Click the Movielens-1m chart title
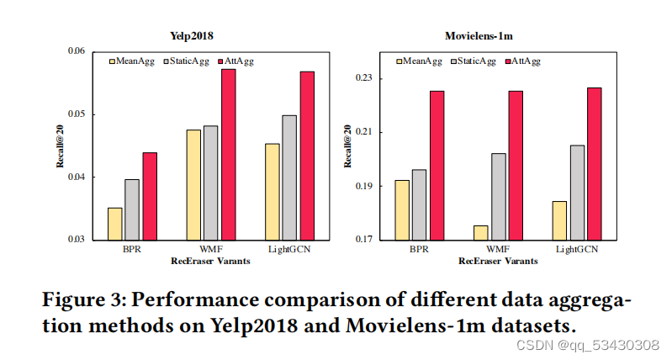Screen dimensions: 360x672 [x=479, y=35]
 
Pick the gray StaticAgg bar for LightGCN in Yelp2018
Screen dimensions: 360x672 [x=288, y=177]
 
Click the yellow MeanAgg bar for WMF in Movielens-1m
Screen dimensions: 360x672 [x=480, y=232]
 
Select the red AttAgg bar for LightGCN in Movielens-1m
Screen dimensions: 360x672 [x=594, y=163]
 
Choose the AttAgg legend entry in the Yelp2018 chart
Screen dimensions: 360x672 [x=240, y=61]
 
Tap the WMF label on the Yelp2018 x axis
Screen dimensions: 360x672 [x=210, y=250]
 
